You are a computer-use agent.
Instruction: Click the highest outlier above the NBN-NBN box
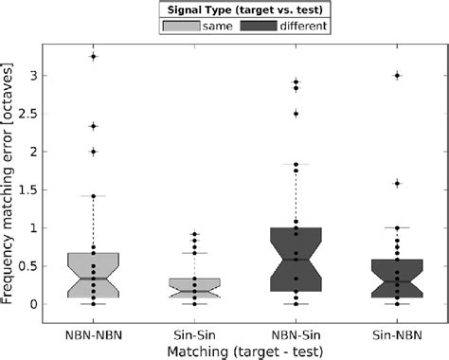[x=92, y=57]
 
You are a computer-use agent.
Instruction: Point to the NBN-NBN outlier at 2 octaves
[x=92, y=152]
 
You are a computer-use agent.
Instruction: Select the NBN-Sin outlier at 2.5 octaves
[x=296, y=114]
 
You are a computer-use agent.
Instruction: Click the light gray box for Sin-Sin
[x=194, y=288]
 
